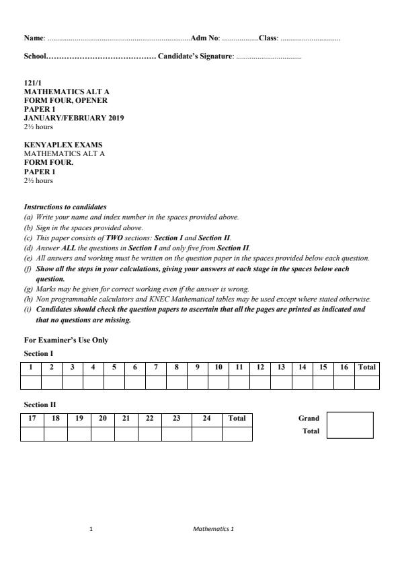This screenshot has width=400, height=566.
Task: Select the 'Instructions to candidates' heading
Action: coord(65,207)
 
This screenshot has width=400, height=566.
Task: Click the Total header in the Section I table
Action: coord(367,367)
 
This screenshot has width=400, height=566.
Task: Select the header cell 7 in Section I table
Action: coord(156,367)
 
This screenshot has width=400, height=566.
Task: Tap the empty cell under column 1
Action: coord(31,382)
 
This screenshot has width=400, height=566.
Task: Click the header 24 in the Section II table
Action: coord(207,419)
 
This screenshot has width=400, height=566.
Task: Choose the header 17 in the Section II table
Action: coord(32,419)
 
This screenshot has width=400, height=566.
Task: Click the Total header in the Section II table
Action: coord(237,419)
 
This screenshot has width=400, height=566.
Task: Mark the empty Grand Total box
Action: coord(350,425)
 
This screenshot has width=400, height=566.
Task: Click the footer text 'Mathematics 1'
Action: coord(213,528)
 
